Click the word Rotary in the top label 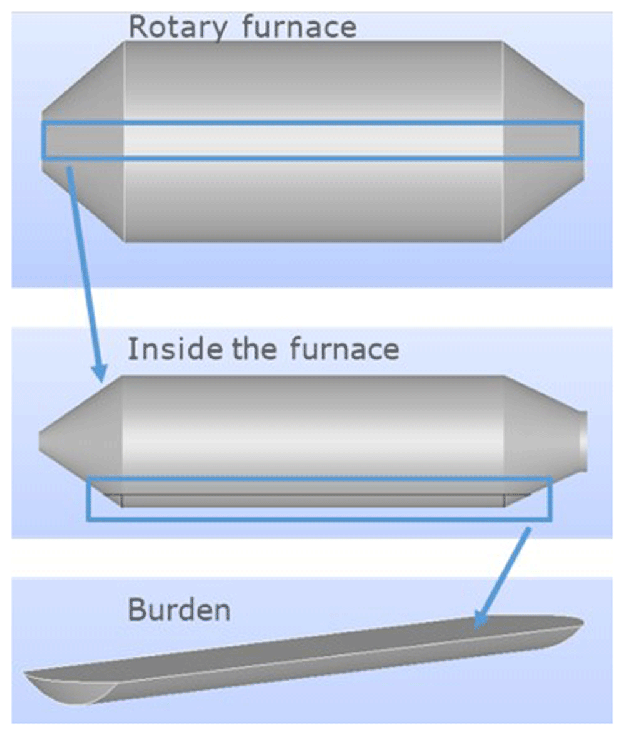(x=178, y=28)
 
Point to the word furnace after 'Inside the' (x=344, y=349)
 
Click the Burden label (x=179, y=610)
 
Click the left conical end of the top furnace (x=83, y=141)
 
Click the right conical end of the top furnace (x=544, y=141)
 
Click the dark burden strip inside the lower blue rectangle (x=312, y=500)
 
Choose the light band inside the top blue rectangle (x=313, y=140)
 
